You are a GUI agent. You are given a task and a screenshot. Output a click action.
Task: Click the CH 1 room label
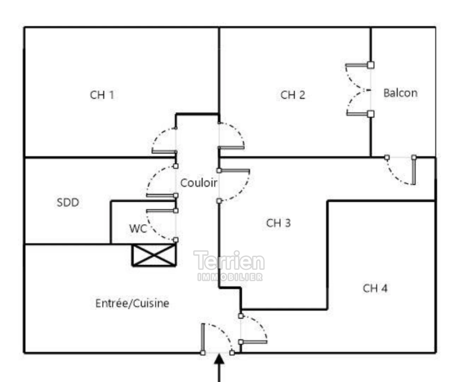pyautogui.click(x=102, y=95)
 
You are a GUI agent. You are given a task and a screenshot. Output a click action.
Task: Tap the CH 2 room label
pyautogui.click(x=293, y=95)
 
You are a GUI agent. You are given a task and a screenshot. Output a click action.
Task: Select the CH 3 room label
pyautogui.click(x=278, y=223)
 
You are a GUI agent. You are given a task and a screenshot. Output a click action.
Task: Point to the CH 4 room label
pyautogui.click(x=375, y=288)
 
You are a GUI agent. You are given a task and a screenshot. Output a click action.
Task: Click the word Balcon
pyautogui.click(x=400, y=93)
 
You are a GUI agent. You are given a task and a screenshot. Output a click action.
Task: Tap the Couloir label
pyautogui.click(x=199, y=183)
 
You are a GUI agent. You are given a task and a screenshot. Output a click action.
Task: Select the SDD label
pyautogui.click(x=68, y=202)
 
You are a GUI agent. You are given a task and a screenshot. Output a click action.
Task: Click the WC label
pyautogui.click(x=137, y=228)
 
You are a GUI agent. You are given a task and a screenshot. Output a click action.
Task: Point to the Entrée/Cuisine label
pyautogui.click(x=132, y=303)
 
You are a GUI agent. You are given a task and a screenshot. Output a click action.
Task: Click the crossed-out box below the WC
pyautogui.click(x=154, y=255)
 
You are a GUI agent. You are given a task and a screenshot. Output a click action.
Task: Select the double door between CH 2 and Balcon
pyautogui.click(x=359, y=89)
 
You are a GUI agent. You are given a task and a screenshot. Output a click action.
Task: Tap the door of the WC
pyautogui.click(x=161, y=225)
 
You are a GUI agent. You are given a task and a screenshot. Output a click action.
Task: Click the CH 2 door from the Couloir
pyautogui.click(x=231, y=136)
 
